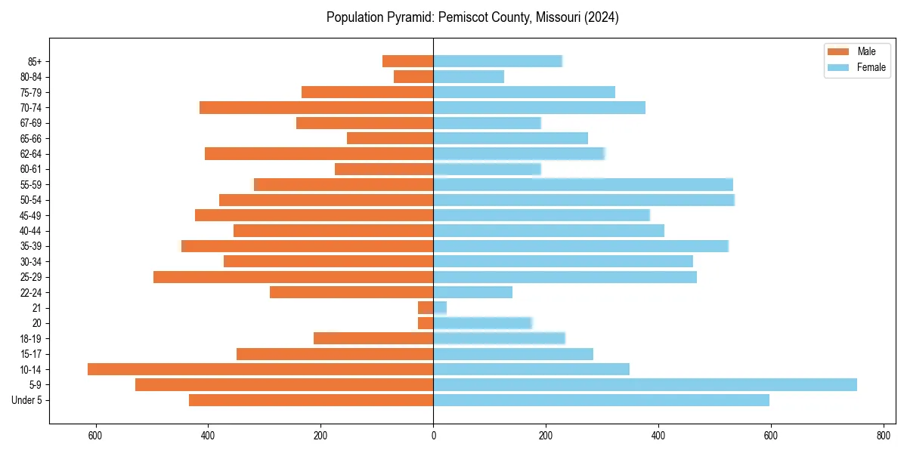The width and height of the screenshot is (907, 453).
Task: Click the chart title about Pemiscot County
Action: coord(472,17)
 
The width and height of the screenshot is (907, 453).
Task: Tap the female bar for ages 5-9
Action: coord(645,385)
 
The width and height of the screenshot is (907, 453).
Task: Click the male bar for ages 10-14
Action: coord(260,369)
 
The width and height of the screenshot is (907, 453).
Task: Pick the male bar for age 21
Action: coord(426,308)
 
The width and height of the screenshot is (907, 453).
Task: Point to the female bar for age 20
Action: coord(482,323)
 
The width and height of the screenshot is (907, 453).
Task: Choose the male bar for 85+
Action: coord(408,61)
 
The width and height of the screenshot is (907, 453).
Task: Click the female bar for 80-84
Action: coord(469,77)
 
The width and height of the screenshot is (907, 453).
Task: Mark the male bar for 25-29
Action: coord(293,277)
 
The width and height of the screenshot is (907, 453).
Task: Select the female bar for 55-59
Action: coord(583,185)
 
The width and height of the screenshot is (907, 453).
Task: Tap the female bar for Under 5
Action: coord(601,400)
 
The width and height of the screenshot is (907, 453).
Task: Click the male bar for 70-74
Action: coord(317,108)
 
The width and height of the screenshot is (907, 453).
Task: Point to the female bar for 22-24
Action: coord(472,292)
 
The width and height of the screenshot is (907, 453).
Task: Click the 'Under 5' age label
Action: coord(26,400)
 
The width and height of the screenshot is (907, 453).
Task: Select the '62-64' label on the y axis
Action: coord(30,154)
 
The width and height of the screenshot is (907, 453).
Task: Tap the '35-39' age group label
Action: coord(30,246)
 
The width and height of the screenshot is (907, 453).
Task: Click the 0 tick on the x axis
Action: coord(433,436)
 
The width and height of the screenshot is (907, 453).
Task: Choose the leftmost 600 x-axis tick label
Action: coord(95,436)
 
